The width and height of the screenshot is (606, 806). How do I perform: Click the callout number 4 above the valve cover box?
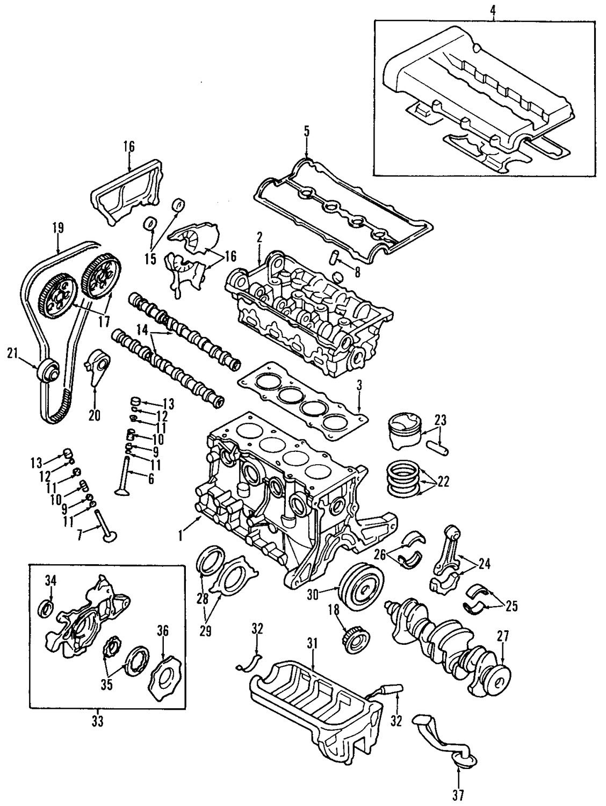(493, 10)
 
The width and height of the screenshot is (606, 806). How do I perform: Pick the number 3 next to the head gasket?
(359, 386)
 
